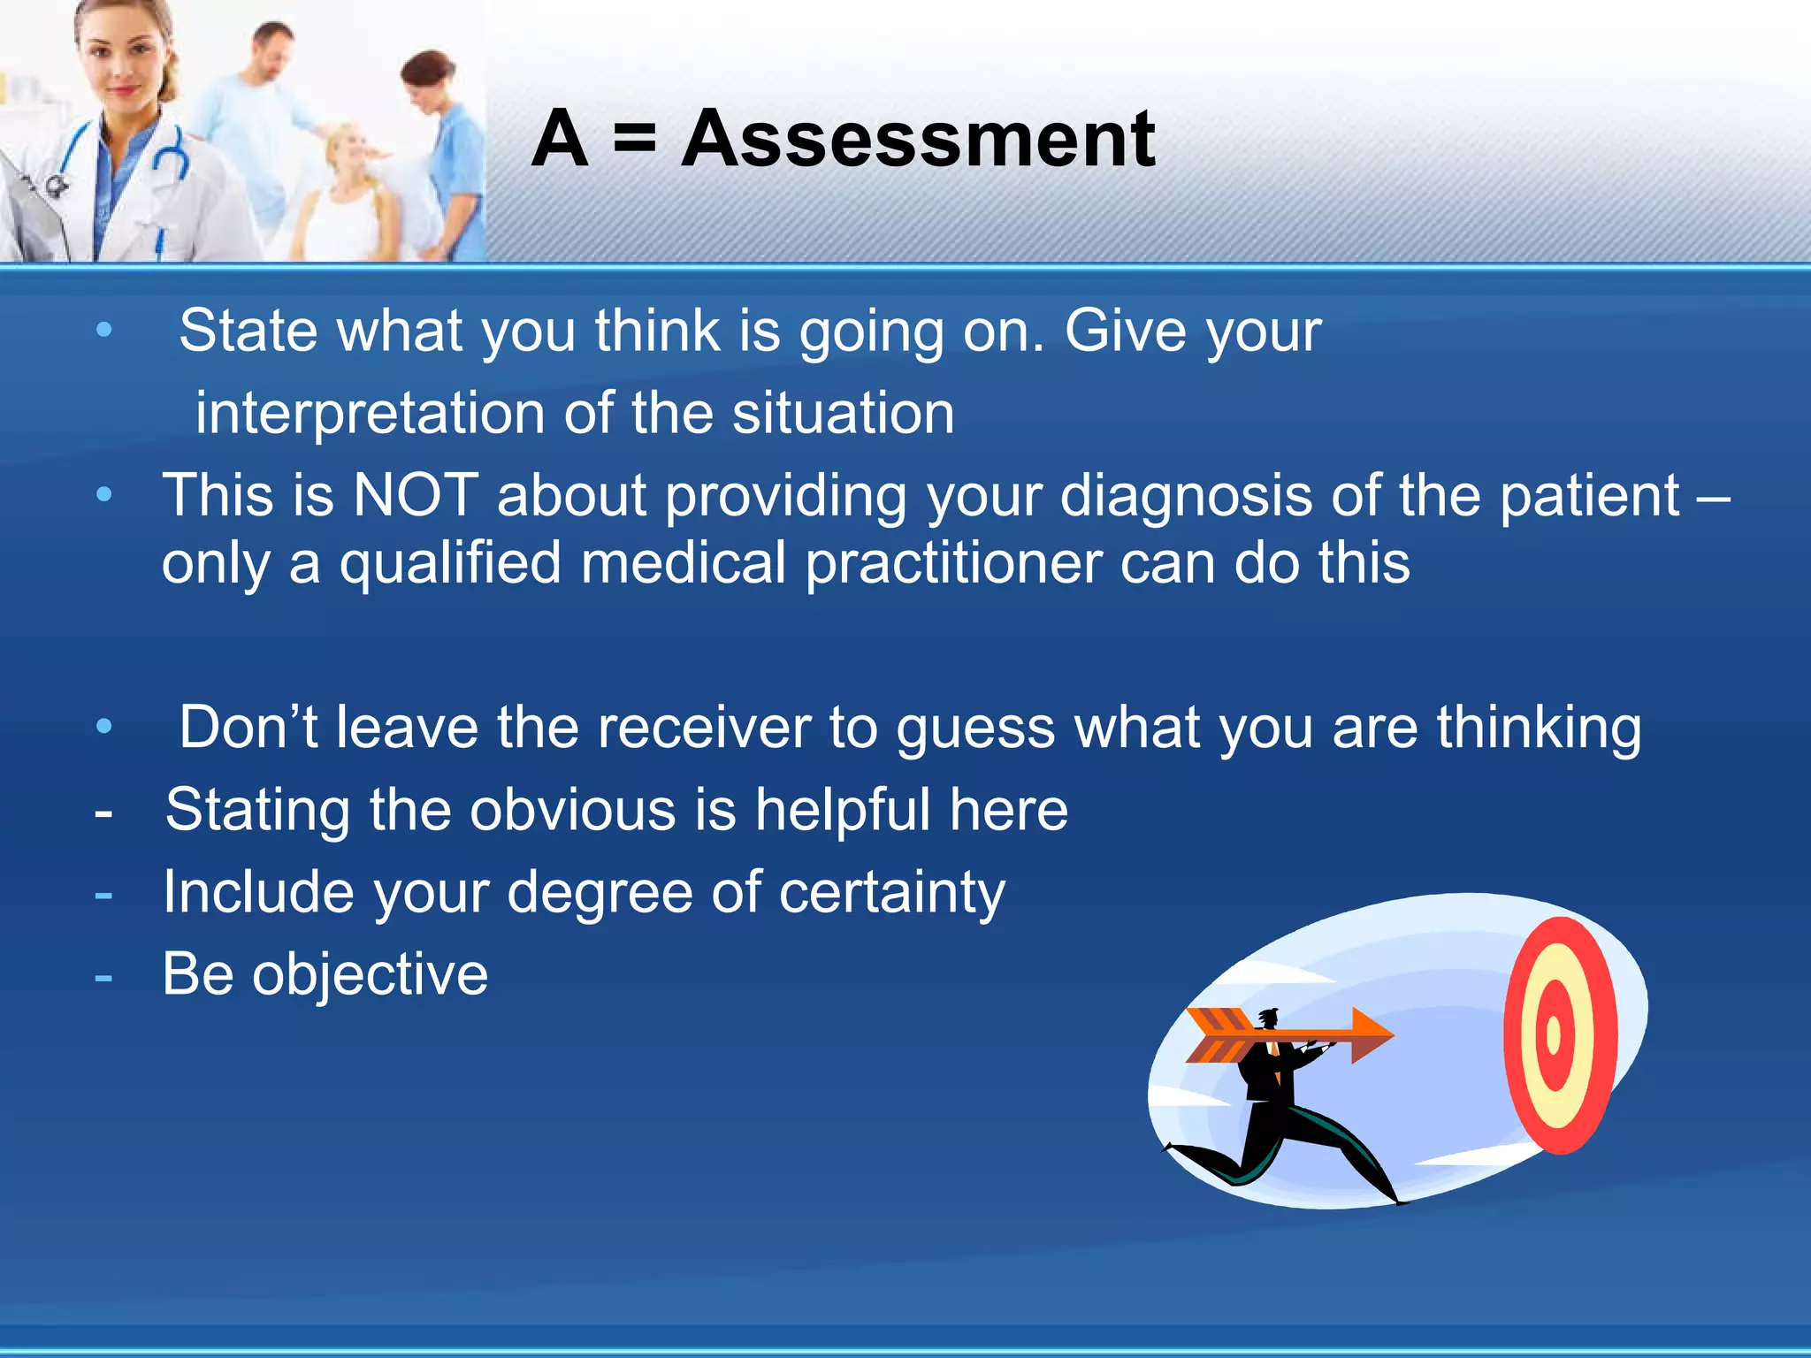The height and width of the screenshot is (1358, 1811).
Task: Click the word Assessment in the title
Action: point(918,140)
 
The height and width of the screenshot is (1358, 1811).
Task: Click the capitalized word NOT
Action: point(416,495)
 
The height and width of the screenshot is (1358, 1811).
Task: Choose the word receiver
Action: point(704,729)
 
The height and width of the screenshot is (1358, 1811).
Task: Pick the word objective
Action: point(370,975)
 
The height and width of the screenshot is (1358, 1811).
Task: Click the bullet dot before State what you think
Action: point(104,332)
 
